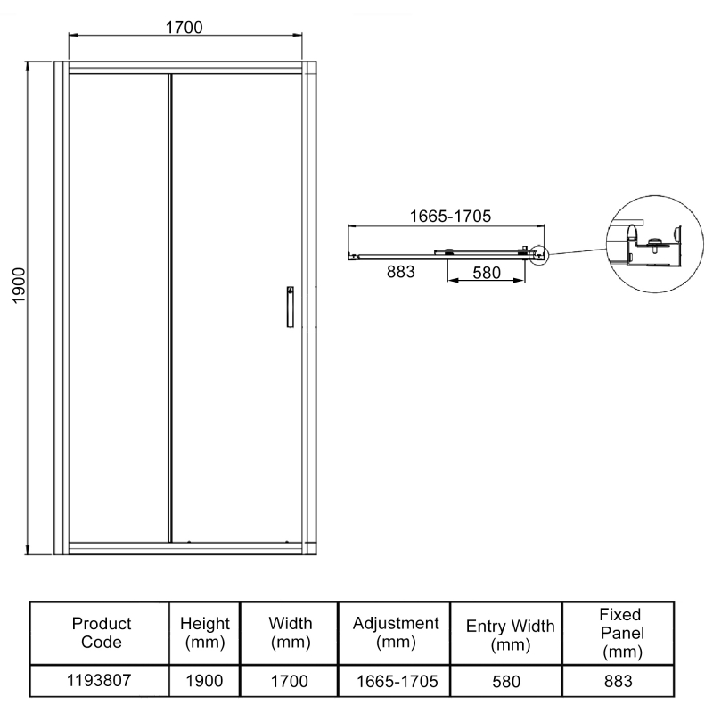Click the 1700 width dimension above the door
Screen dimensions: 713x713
[x=184, y=27]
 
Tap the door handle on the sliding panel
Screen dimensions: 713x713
[x=289, y=307]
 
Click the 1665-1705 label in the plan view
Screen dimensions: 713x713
[x=451, y=217]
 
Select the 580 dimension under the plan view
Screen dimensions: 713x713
[x=487, y=273]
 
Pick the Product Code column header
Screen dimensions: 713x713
[x=101, y=632]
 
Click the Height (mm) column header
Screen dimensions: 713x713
[x=205, y=632]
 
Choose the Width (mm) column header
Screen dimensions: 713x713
[x=290, y=632]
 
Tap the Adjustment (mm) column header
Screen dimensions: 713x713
[x=396, y=632]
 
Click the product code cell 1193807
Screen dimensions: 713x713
[x=101, y=682]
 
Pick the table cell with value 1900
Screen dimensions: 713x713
[x=205, y=682]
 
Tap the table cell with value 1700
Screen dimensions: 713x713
[x=290, y=682]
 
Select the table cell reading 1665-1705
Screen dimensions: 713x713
[x=396, y=682]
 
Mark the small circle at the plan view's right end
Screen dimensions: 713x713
[x=537, y=256]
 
